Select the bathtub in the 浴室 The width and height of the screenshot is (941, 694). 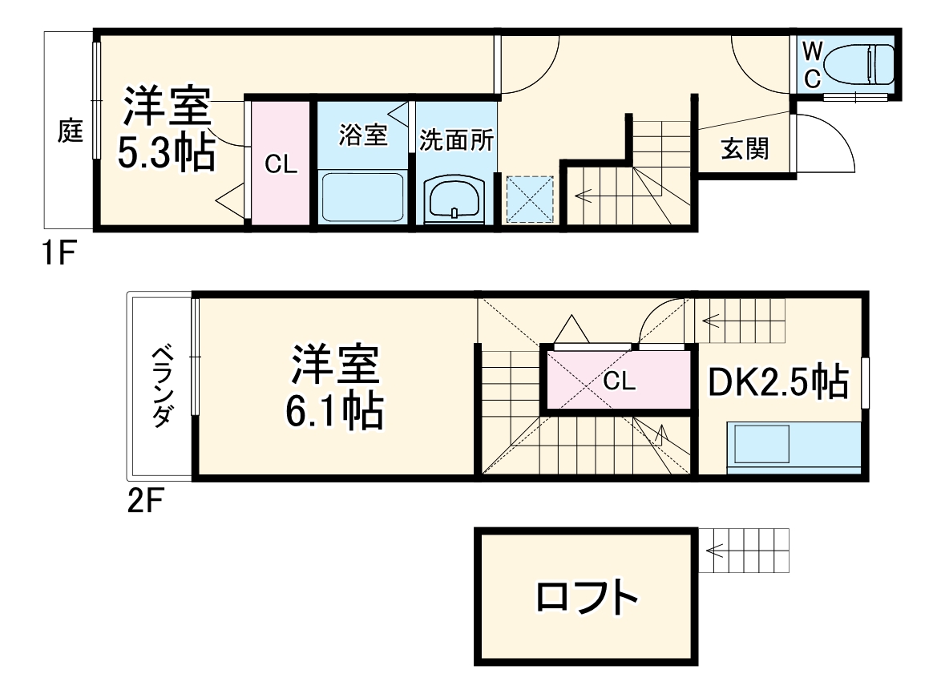coord(362,197)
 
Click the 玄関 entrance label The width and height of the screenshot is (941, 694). coord(745,149)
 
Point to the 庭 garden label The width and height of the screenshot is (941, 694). coord(71,131)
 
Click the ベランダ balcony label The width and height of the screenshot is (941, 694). coord(163,387)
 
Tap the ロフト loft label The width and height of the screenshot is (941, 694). coord(588,597)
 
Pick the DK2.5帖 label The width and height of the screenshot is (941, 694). coord(777,381)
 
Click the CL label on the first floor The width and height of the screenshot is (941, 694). coord(281,166)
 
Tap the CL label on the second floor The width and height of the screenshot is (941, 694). coord(620,382)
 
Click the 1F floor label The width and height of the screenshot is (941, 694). coord(59,256)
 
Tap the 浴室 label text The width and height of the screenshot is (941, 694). coord(363,135)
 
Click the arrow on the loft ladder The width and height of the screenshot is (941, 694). coord(716,551)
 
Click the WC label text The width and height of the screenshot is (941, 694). coord(812,66)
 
